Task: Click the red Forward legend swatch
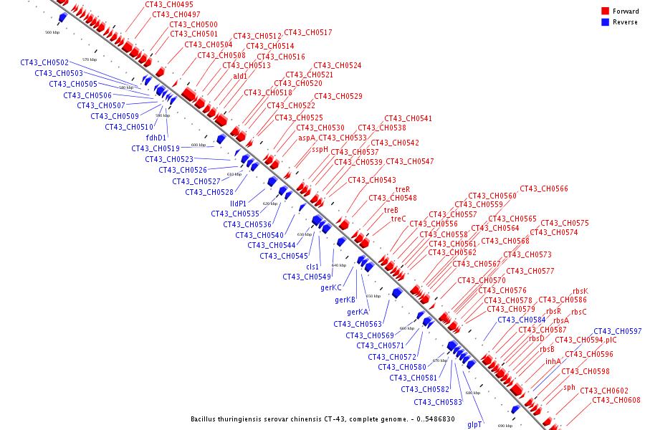[x=605, y=11]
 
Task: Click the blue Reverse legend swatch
[x=605, y=22]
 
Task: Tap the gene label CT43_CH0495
[x=168, y=4]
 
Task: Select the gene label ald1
[x=239, y=76]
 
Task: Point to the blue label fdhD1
[x=156, y=138]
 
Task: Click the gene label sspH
[x=320, y=150]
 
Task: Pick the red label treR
[x=403, y=190]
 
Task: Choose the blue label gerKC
[x=331, y=288]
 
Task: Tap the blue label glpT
[x=474, y=425]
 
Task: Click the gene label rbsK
[x=580, y=291]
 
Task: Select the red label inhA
[x=553, y=361]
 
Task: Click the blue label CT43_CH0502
[x=44, y=63]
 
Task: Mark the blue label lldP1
[x=238, y=204]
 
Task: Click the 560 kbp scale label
[x=52, y=32]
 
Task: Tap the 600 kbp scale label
[x=198, y=145]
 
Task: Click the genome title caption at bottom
[x=322, y=419]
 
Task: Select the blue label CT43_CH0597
[x=618, y=331]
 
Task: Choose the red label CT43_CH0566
[x=543, y=189]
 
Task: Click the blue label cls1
[x=312, y=267]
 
